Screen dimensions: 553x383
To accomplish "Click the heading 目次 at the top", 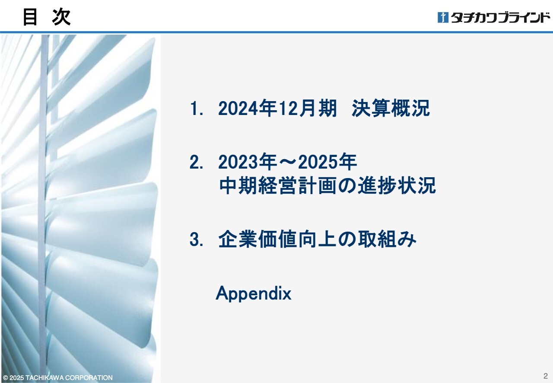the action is tap(47, 17).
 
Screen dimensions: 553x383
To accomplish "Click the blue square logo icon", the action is tap(443, 17).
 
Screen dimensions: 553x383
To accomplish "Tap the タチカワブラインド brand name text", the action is tap(501, 18).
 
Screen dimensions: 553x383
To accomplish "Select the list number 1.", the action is tap(196, 109).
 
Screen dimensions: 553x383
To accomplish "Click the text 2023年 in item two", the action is tap(248, 162).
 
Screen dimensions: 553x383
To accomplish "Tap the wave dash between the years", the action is tap(287, 162).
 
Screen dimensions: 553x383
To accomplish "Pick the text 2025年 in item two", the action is tap(327, 162).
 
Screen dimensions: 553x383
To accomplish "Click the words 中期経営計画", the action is tap(278, 185).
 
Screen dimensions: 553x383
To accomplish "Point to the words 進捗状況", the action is tap(397, 185).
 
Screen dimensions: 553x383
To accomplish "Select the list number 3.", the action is tap(196, 239).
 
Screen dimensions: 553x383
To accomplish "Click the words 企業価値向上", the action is tap(277, 239).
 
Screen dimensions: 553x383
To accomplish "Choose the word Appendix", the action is tap(254, 294).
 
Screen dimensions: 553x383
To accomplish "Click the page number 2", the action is tap(546, 376).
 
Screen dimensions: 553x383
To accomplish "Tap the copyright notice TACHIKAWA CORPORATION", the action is tap(69, 377).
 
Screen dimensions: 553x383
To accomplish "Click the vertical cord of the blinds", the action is tap(44, 207).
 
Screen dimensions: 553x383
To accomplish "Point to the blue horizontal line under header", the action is tap(276, 32).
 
